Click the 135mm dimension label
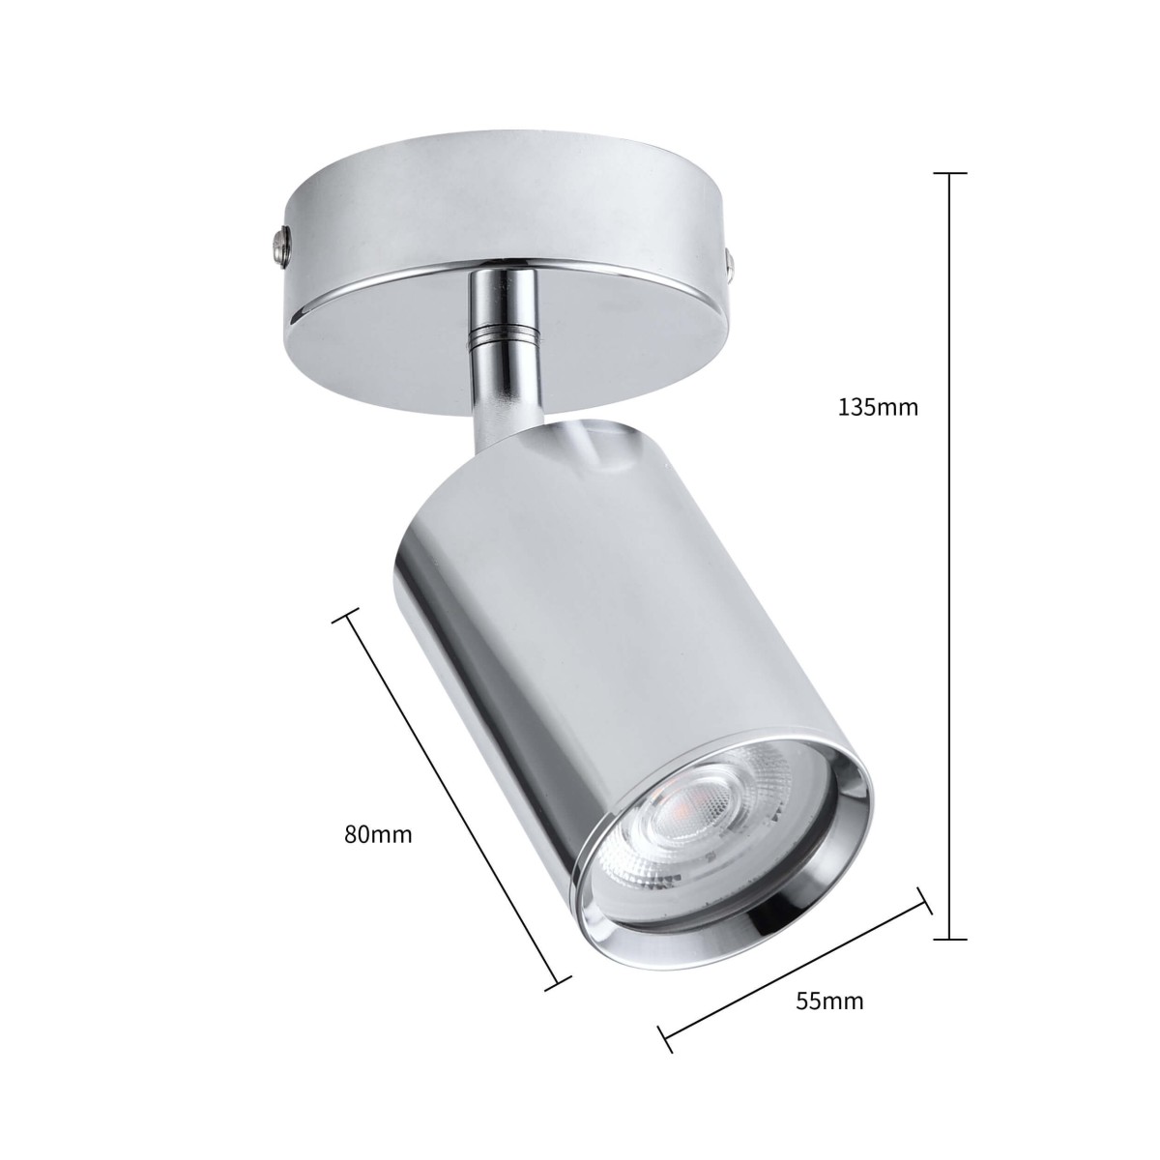point(878,407)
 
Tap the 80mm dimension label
point(378,834)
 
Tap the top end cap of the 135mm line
point(950,174)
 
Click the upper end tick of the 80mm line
point(345,617)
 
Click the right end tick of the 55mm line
point(925,901)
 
